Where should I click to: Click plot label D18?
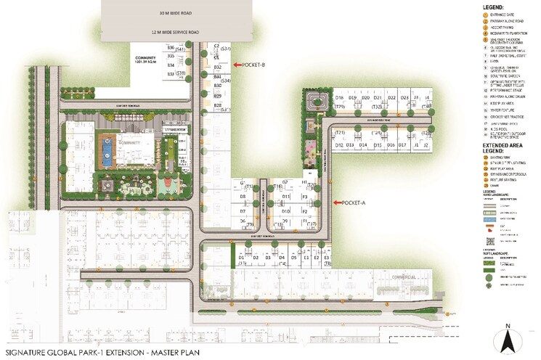pyautogui.click(x=339, y=97)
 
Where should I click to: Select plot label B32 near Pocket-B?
pyautogui.click(x=217, y=67)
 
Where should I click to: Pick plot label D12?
pyautogui.click(x=339, y=145)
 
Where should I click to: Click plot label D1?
pyautogui.click(x=241, y=258)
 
